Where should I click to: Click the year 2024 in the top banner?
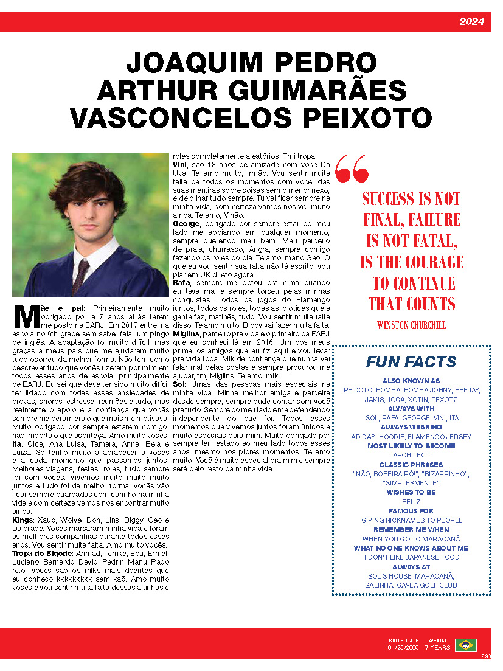471,22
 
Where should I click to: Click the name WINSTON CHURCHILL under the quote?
411,325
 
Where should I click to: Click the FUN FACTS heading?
411,362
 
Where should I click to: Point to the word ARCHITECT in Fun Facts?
411,455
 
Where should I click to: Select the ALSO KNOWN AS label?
411,381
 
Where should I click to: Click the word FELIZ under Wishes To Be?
411,501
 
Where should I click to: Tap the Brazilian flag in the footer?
466,645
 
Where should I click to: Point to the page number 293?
485,656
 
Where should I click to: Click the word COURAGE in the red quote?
426,262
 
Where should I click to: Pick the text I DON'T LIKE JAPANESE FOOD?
411,557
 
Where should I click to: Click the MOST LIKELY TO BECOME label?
411,446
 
